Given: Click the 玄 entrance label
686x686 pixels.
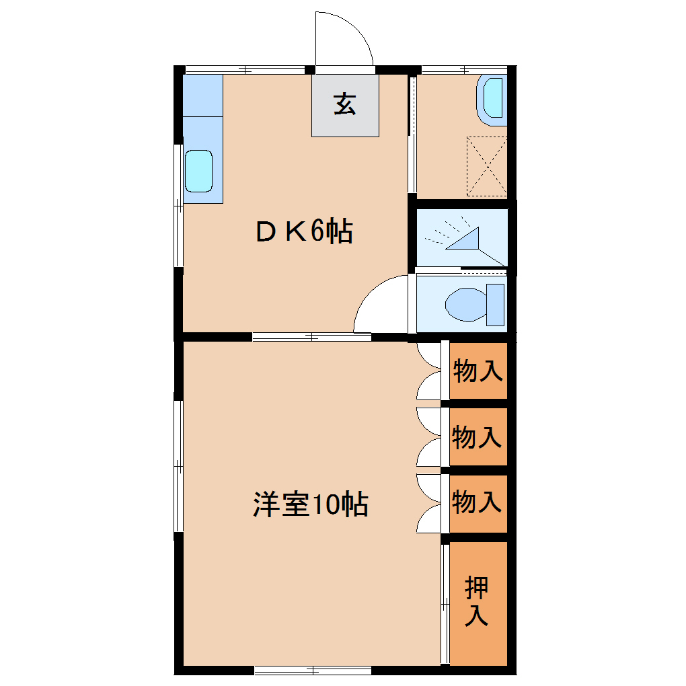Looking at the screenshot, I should (345, 105).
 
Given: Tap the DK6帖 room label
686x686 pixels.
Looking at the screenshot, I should (303, 233).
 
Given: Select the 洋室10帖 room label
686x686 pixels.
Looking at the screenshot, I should (310, 504).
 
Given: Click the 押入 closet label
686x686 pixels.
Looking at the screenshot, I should (477, 602).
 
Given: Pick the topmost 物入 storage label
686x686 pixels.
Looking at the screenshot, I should (477, 371).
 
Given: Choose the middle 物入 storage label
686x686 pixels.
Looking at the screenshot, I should (477, 437).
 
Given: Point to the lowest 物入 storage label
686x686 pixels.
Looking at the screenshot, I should (477, 502).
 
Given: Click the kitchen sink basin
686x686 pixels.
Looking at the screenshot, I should (198, 171).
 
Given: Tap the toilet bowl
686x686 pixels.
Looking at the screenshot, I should (465, 304).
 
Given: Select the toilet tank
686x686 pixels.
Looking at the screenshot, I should (495, 304).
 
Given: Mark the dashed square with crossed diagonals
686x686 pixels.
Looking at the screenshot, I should (486, 166).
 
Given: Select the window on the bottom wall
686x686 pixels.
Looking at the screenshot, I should (313, 670).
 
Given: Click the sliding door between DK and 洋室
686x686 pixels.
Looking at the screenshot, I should (311, 337).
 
